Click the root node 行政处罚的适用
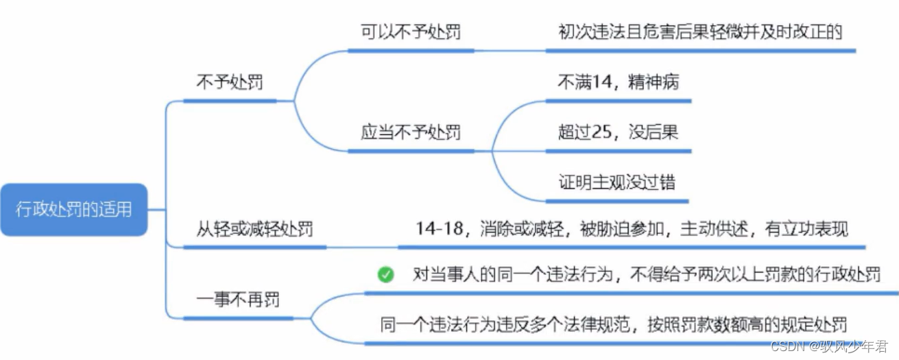(73, 209)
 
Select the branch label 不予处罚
(229, 83)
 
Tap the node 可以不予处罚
(410, 32)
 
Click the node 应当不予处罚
(410, 132)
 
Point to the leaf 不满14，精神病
(618, 82)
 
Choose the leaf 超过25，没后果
(618, 132)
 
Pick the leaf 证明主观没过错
(616, 182)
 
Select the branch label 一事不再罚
(237, 300)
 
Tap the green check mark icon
(385, 275)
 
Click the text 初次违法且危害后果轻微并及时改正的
(699, 32)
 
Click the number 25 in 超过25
(601, 132)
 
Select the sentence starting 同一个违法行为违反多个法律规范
(613, 324)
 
